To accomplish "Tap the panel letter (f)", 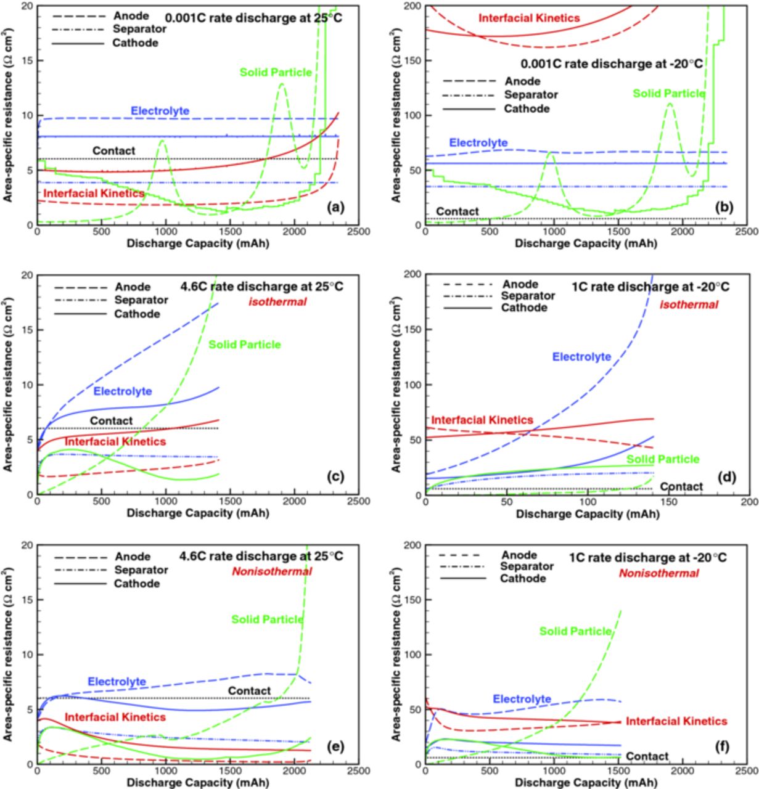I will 722,747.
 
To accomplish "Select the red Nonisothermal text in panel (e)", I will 272,571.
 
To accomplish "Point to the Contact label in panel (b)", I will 457,211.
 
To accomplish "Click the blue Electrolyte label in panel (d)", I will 581,357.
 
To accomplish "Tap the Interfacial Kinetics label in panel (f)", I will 676,721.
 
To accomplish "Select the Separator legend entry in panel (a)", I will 139,29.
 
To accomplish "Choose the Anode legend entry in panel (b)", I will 522,81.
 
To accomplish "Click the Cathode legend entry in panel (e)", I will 137,583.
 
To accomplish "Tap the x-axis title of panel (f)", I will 586,783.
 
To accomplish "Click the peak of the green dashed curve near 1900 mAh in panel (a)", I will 282,84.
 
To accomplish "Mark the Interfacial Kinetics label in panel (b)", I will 529,18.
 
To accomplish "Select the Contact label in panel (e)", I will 249,691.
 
